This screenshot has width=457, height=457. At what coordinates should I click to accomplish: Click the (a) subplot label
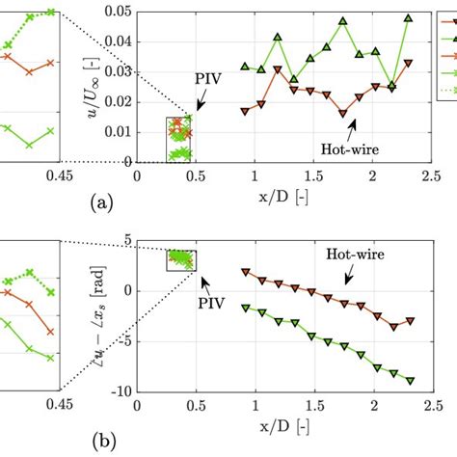(x=101, y=202)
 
